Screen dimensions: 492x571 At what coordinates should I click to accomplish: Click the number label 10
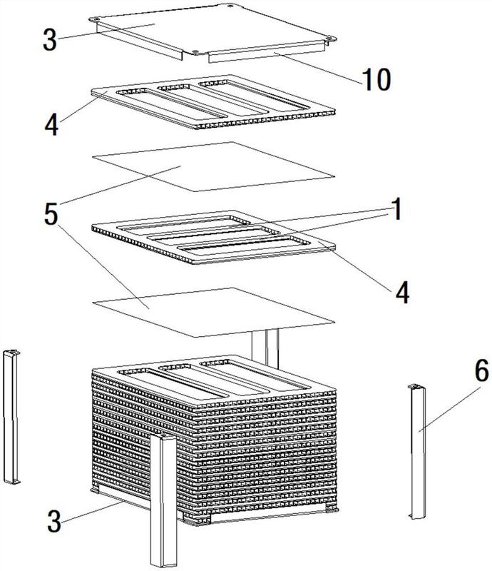pyautogui.click(x=376, y=79)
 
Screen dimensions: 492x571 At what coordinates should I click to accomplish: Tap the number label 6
pyautogui.click(x=481, y=371)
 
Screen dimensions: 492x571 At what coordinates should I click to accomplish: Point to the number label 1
pyautogui.click(x=396, y=208)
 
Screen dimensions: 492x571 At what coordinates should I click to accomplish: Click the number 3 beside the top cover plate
pyautogui.click(x=50, y=39)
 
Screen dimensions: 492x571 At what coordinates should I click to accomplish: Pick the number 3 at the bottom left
pyautogui.click(x=54, y=521)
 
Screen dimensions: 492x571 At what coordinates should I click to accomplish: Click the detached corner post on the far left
pyautogui.click(x=11, y=417)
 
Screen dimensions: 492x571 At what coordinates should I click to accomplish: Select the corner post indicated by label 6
pyautogui.click(x=418, y=452)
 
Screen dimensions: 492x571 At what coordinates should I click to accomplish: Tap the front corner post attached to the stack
pyautogui.click(x=163, y=501)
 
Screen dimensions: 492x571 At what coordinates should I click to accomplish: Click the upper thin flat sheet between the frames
pyautogui.click(x=214, y=166)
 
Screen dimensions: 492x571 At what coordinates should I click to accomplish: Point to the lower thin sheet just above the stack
pyautogui.click(x=214, y=312)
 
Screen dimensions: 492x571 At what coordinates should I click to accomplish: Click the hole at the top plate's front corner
pyautogui.click(x=195, y=51)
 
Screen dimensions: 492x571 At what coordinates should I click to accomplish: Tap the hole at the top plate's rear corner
pyautogui.click(x=230, y=5)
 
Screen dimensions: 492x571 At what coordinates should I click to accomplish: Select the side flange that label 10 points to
pyautogui.click(x=267, y=52)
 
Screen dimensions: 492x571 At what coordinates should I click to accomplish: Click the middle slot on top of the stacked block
pyautogui.click(x=215, y=379)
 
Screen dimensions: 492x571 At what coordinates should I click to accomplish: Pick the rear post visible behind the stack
pyautogui.click(x=266, y=348)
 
